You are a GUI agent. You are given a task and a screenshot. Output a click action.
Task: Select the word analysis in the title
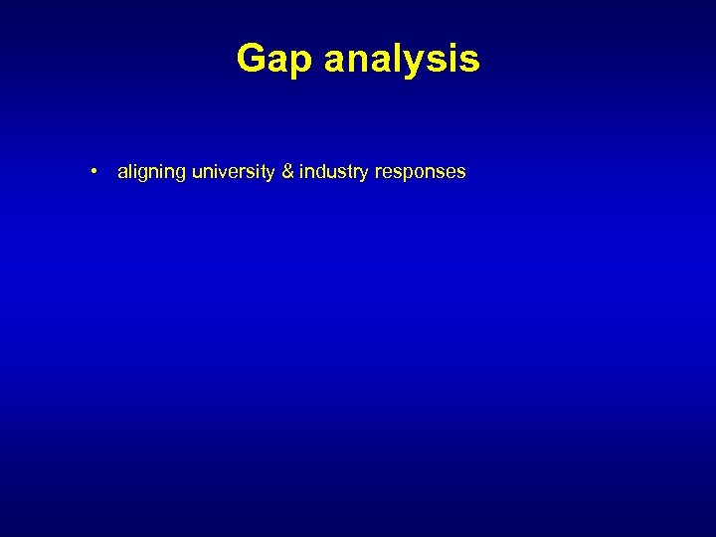pyautogui.click(x=402, y=60)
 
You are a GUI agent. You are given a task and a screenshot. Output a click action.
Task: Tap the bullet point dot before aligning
pyautogui.click(x=91, y=171)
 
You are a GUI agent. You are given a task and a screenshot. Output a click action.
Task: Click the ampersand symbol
pyautogui.click(x=287, y=172)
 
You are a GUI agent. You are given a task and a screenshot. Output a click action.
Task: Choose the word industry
pyautogui.click(x=333, y=172)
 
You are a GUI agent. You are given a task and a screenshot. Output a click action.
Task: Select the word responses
pyautogui.click(x=420, y=172)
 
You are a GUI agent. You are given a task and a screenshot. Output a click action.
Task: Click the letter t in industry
pyautogui.click(x=350, y=172)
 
